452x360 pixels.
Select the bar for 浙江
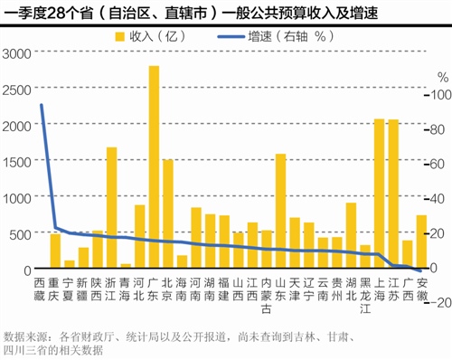click(112, 209)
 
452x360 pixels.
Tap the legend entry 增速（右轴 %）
click(289, 37)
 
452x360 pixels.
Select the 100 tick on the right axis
click(437, 94)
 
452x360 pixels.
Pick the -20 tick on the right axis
click(437, 303)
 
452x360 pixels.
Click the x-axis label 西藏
click(41, 290)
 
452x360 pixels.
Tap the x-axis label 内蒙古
click(266, 296)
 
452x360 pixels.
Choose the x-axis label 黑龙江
click(364, 296)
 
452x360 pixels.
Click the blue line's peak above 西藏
click(41, 105)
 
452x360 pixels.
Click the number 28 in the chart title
click(53, 12)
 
